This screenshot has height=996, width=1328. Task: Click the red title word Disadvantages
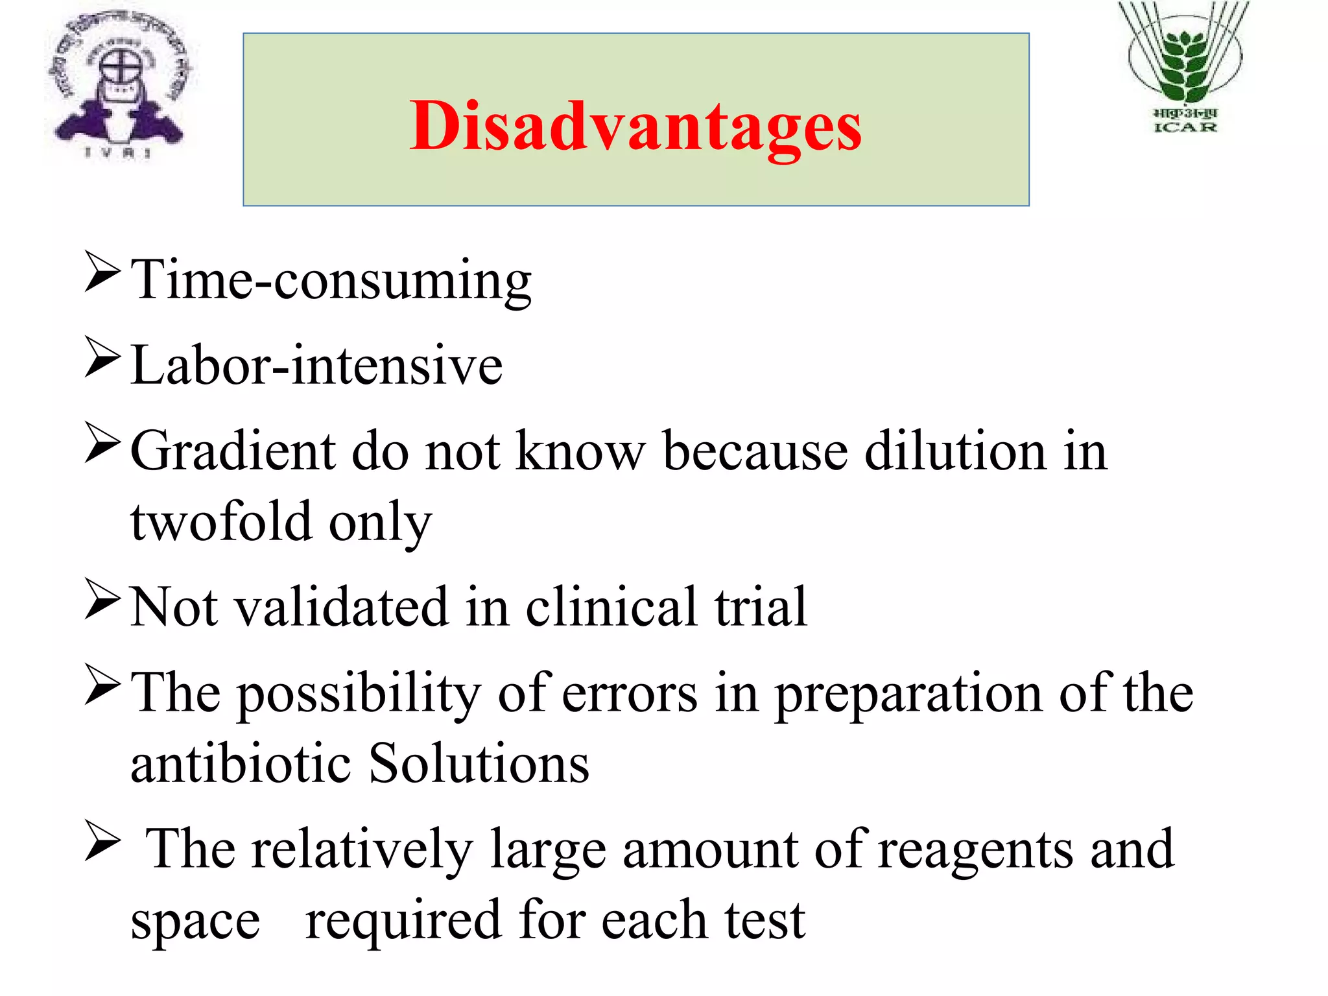(x=635, y=126)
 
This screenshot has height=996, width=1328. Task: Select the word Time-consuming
(x=331, y=281)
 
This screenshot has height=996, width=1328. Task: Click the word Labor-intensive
(x=316, y=366)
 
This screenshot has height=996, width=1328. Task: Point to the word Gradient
(x=233, y=451)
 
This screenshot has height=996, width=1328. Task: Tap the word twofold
(x=220, y=522)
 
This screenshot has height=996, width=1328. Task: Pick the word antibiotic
(x=241, y=763)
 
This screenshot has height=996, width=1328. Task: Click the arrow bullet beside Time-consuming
(x=102, y=274)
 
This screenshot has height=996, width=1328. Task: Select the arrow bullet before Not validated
(x=102, y=600)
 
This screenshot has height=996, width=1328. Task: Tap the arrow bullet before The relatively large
(x=102, y=842)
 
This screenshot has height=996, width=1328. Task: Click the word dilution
(x=954, y=451)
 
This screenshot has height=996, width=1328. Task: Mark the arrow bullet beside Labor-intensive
(x=102, y=358)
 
